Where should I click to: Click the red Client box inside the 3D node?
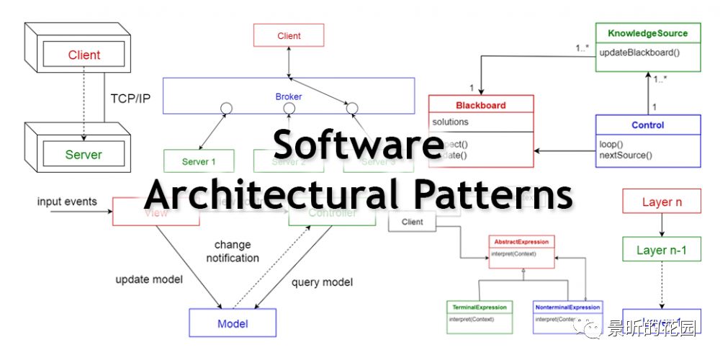[84, 55]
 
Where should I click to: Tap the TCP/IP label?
[130, 98]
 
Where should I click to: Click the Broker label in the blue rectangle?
[288, 96]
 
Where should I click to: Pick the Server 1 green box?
[199, 161]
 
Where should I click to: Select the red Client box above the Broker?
[289, 35]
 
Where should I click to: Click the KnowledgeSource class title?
[647, 33]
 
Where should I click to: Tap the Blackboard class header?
[481, 105]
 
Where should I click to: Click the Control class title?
[647, 125]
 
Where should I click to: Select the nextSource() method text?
[625, 155]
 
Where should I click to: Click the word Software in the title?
[358, 145]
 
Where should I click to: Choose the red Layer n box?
[662, 202]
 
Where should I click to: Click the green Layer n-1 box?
[661, 251]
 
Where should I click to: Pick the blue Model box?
[233, 323]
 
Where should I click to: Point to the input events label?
[67, 202]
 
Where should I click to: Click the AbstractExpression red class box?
[521, 248]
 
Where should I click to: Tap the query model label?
[322, 282]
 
